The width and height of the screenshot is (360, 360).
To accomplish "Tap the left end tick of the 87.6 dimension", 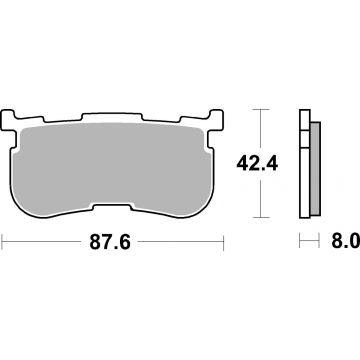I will pyautogui.click(x=4, y=241).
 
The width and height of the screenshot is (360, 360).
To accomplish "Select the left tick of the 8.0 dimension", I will pyautogui.click(x=299, y=241).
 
